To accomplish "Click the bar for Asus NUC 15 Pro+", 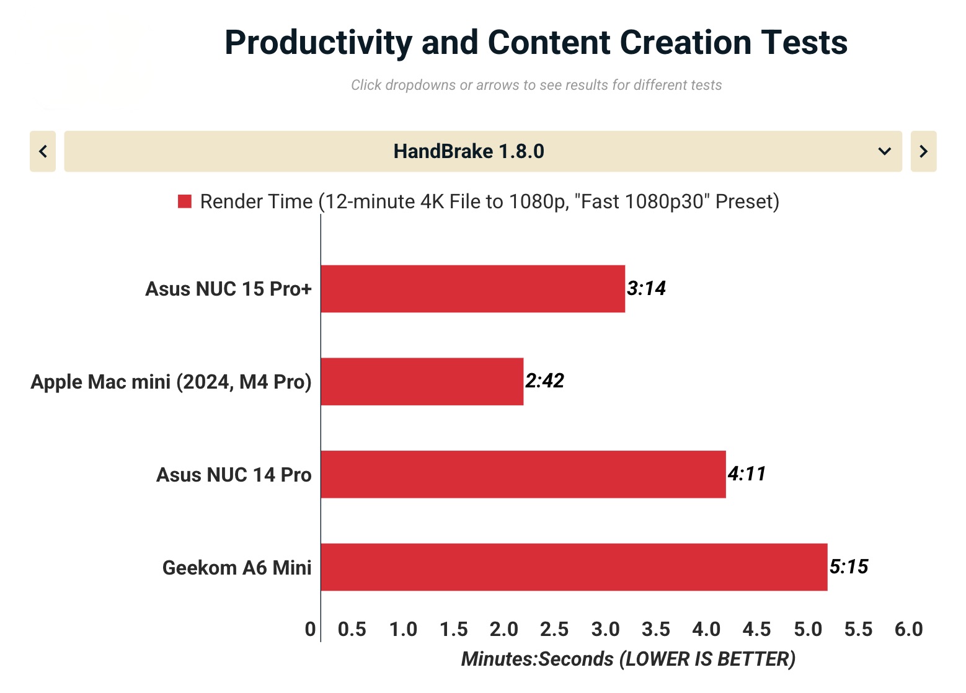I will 472,289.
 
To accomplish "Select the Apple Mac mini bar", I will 422,381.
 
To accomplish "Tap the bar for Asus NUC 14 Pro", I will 523,474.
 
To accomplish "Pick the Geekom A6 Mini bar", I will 574,567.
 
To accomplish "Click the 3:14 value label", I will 646,288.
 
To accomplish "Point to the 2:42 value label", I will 544,381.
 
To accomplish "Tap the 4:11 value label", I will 747,474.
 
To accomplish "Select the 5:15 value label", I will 849,567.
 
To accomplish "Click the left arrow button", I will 43,151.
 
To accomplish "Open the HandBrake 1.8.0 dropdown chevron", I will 885,151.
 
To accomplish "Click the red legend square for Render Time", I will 184,201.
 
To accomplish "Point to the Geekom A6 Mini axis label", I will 237,568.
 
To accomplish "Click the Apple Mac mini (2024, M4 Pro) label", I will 171,382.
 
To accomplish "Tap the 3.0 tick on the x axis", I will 605,629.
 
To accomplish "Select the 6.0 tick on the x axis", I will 908,629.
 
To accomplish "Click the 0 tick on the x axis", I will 310,629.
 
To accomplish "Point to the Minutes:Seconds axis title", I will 628,659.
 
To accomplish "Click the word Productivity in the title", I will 318,43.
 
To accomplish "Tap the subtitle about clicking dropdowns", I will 536,85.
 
